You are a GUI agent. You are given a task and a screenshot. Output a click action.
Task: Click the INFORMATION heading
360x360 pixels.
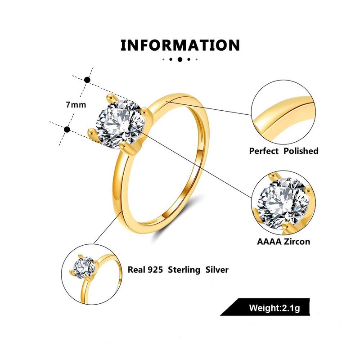click(x=180, y=45)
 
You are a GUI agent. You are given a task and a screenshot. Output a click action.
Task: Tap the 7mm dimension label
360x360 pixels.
click(x=75, y=104)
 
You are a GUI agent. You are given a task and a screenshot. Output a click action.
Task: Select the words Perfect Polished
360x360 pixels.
click(x=283, y=151)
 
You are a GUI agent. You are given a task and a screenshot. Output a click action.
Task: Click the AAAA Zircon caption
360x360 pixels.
click(x=283, y=242)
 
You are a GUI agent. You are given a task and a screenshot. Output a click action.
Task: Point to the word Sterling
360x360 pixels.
click(x=184, y=270)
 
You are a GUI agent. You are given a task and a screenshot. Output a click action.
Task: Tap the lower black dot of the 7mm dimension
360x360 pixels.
click(x=67, y=130)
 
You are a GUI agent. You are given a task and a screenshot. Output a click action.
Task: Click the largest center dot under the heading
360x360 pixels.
click(x=180, y=59)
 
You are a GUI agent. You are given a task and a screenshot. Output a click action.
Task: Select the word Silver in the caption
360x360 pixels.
click(x=217, y=270)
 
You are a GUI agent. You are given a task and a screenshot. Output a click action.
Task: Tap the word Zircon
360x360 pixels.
click(x=296, y=242)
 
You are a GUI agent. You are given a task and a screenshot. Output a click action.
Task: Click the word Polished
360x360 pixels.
click(x=301, y=151)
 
